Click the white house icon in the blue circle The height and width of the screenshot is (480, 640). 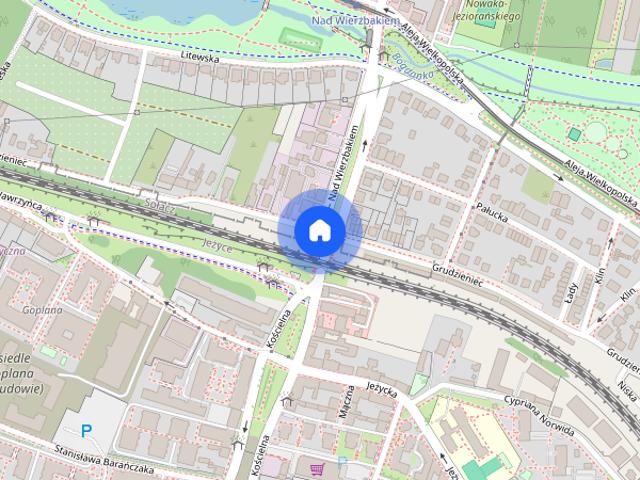click(x=319, y=230)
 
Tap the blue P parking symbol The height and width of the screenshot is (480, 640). click(x=86, y=430)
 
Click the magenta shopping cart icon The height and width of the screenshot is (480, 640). click(x=317, y=468)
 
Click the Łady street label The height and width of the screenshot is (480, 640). click(x=571, y=294)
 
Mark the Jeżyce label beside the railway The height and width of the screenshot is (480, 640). click(x=203, y=242)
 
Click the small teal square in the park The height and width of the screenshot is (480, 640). click(x=574, y=134)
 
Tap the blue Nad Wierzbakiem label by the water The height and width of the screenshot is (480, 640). click(x=355, y=20)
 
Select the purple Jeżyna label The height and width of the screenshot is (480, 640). click(x=10, y=251)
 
